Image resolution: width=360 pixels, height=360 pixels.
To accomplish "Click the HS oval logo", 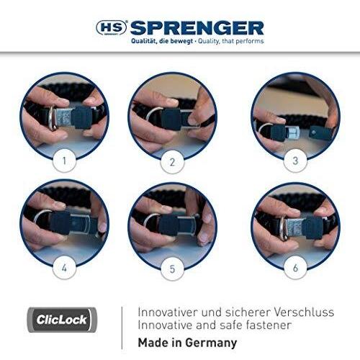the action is point(112,27).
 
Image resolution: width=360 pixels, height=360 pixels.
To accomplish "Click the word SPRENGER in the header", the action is point(197,28).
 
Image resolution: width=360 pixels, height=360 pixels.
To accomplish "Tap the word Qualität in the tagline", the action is point(142,41).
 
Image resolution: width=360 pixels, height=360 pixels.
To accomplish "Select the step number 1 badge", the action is point(64,161).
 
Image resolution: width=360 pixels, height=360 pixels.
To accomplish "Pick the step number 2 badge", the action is point(172,162).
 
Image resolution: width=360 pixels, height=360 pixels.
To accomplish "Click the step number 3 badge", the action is point(295,161).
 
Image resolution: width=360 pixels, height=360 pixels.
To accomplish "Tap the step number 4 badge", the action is point(64,268).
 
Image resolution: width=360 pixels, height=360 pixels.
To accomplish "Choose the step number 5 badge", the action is point(172,269).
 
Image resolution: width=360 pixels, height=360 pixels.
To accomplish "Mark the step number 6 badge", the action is point(295,268).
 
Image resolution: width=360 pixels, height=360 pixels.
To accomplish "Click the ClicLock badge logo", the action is point(62,320).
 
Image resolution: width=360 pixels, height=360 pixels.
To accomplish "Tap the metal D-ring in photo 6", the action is point(283,228).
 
